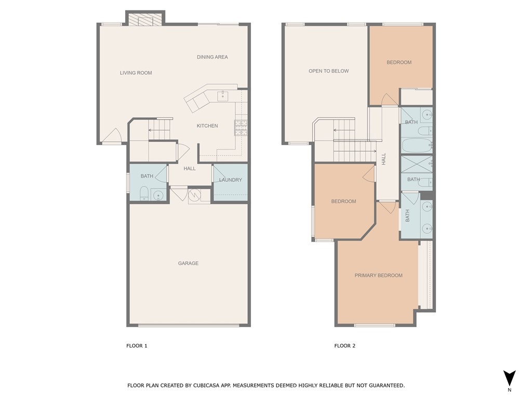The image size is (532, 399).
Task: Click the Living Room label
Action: [x=136, y=73]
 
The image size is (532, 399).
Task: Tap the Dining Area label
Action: [x=212, y=57]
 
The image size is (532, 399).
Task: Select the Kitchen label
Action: [x=207, y=126]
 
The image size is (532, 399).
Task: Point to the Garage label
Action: [x=188, y=263]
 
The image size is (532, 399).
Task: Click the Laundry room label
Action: [x=230, y=180]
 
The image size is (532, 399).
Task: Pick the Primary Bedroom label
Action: [x=379, y=275]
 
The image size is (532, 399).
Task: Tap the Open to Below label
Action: [x=329, y=71]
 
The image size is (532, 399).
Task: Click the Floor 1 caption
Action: [x=137, y=345]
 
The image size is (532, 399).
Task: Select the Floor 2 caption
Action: [x=345, y=345]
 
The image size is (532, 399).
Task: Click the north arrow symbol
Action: [x=509, y=378]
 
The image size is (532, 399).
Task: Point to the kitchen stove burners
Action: [x=241, y=128]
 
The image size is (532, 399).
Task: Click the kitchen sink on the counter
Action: [x=223, y=96]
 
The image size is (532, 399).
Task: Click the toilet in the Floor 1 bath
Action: [x=144, y=193]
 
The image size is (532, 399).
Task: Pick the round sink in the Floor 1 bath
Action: [x=158, y=195]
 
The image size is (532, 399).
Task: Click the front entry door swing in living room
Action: [x=112, y=135]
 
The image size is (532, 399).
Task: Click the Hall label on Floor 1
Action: [x=190, y=168]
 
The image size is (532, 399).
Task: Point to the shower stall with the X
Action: [x=417, y=164]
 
